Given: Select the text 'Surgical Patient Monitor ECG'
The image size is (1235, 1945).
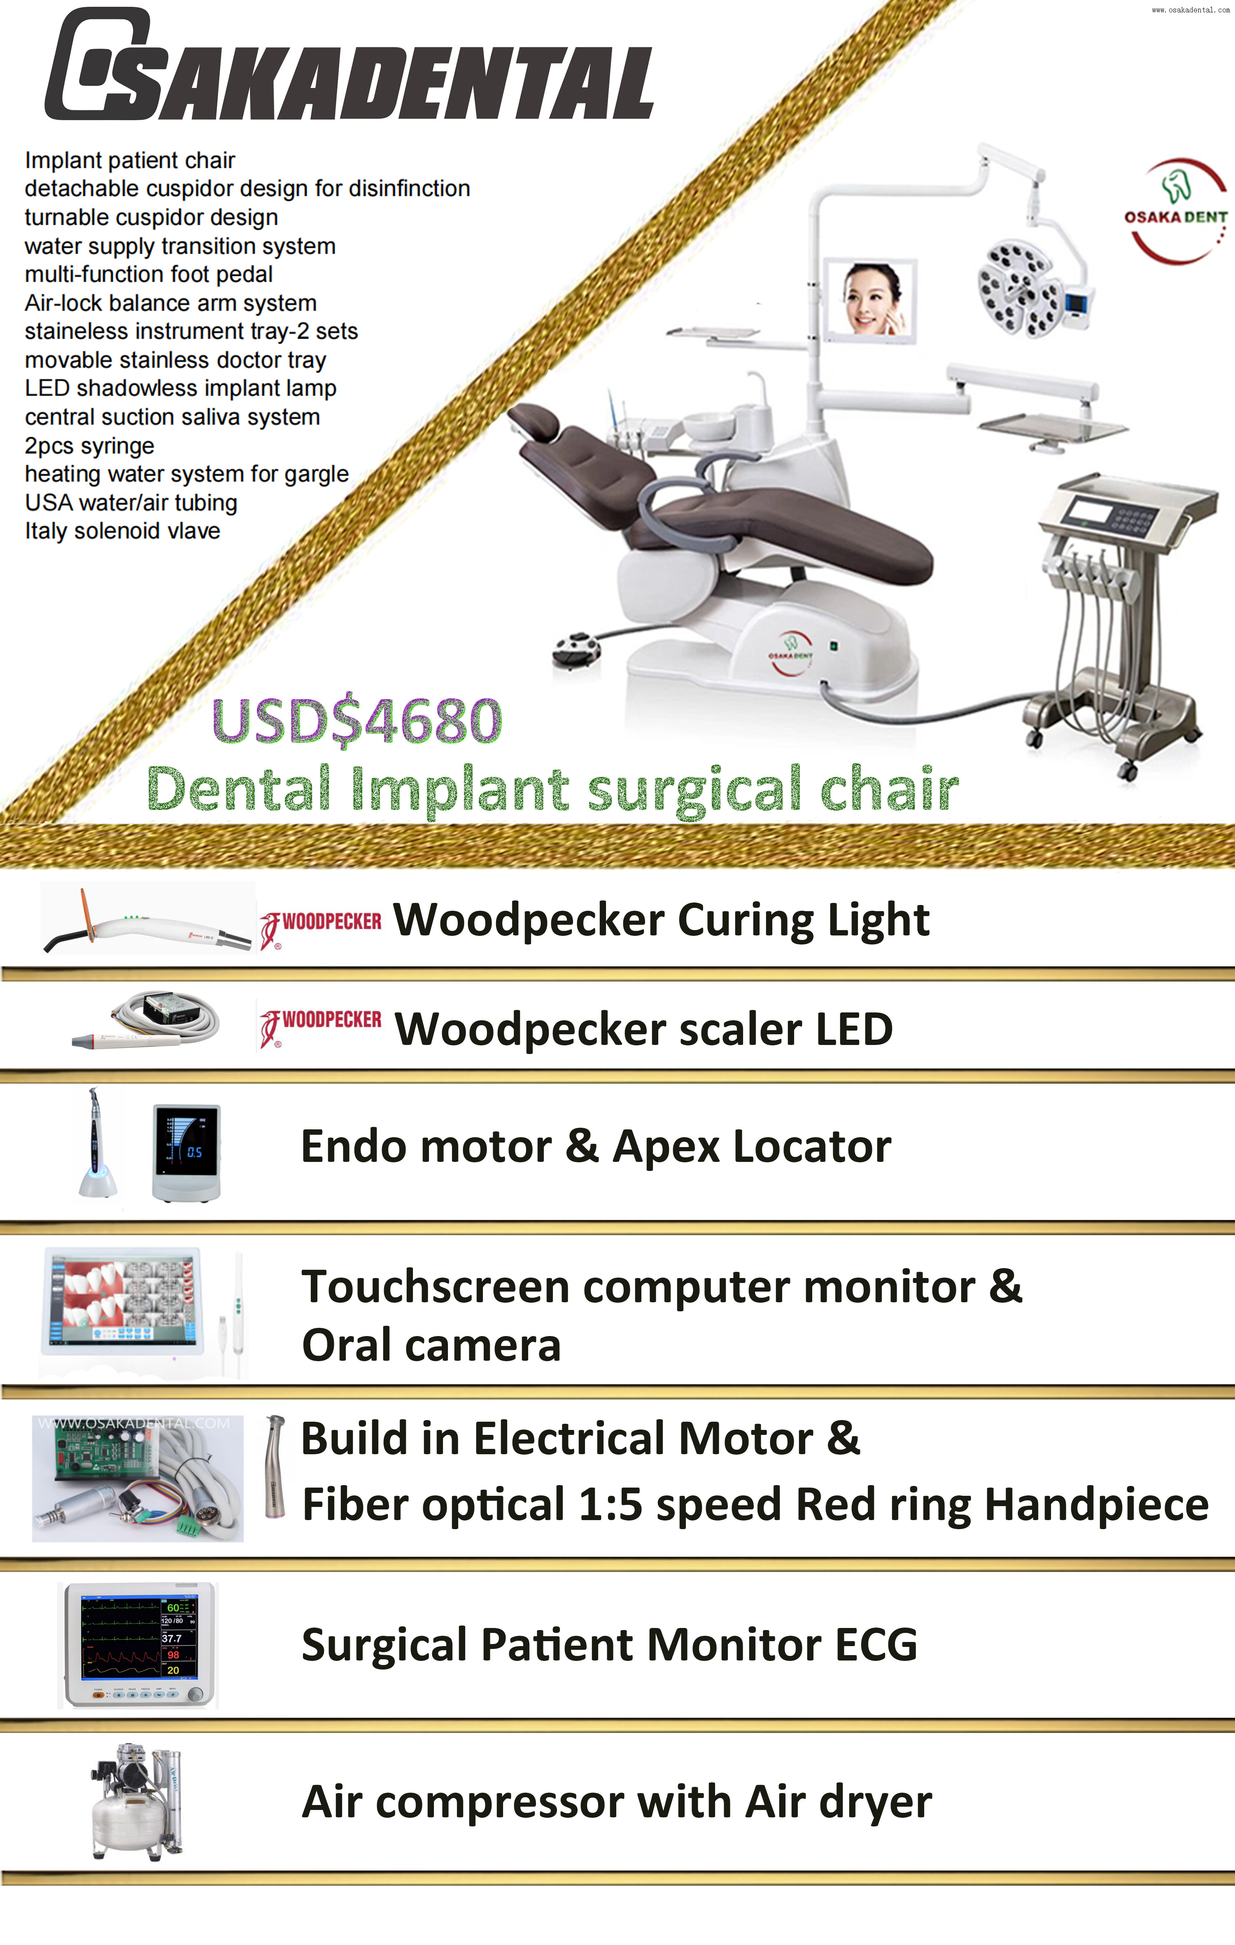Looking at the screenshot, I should coord(609,1644).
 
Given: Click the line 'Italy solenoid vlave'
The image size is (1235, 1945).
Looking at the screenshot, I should coord(123,532).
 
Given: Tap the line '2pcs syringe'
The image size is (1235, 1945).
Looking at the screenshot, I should coord(90,446).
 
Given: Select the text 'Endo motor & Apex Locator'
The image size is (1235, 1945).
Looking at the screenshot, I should coord(595,1146).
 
